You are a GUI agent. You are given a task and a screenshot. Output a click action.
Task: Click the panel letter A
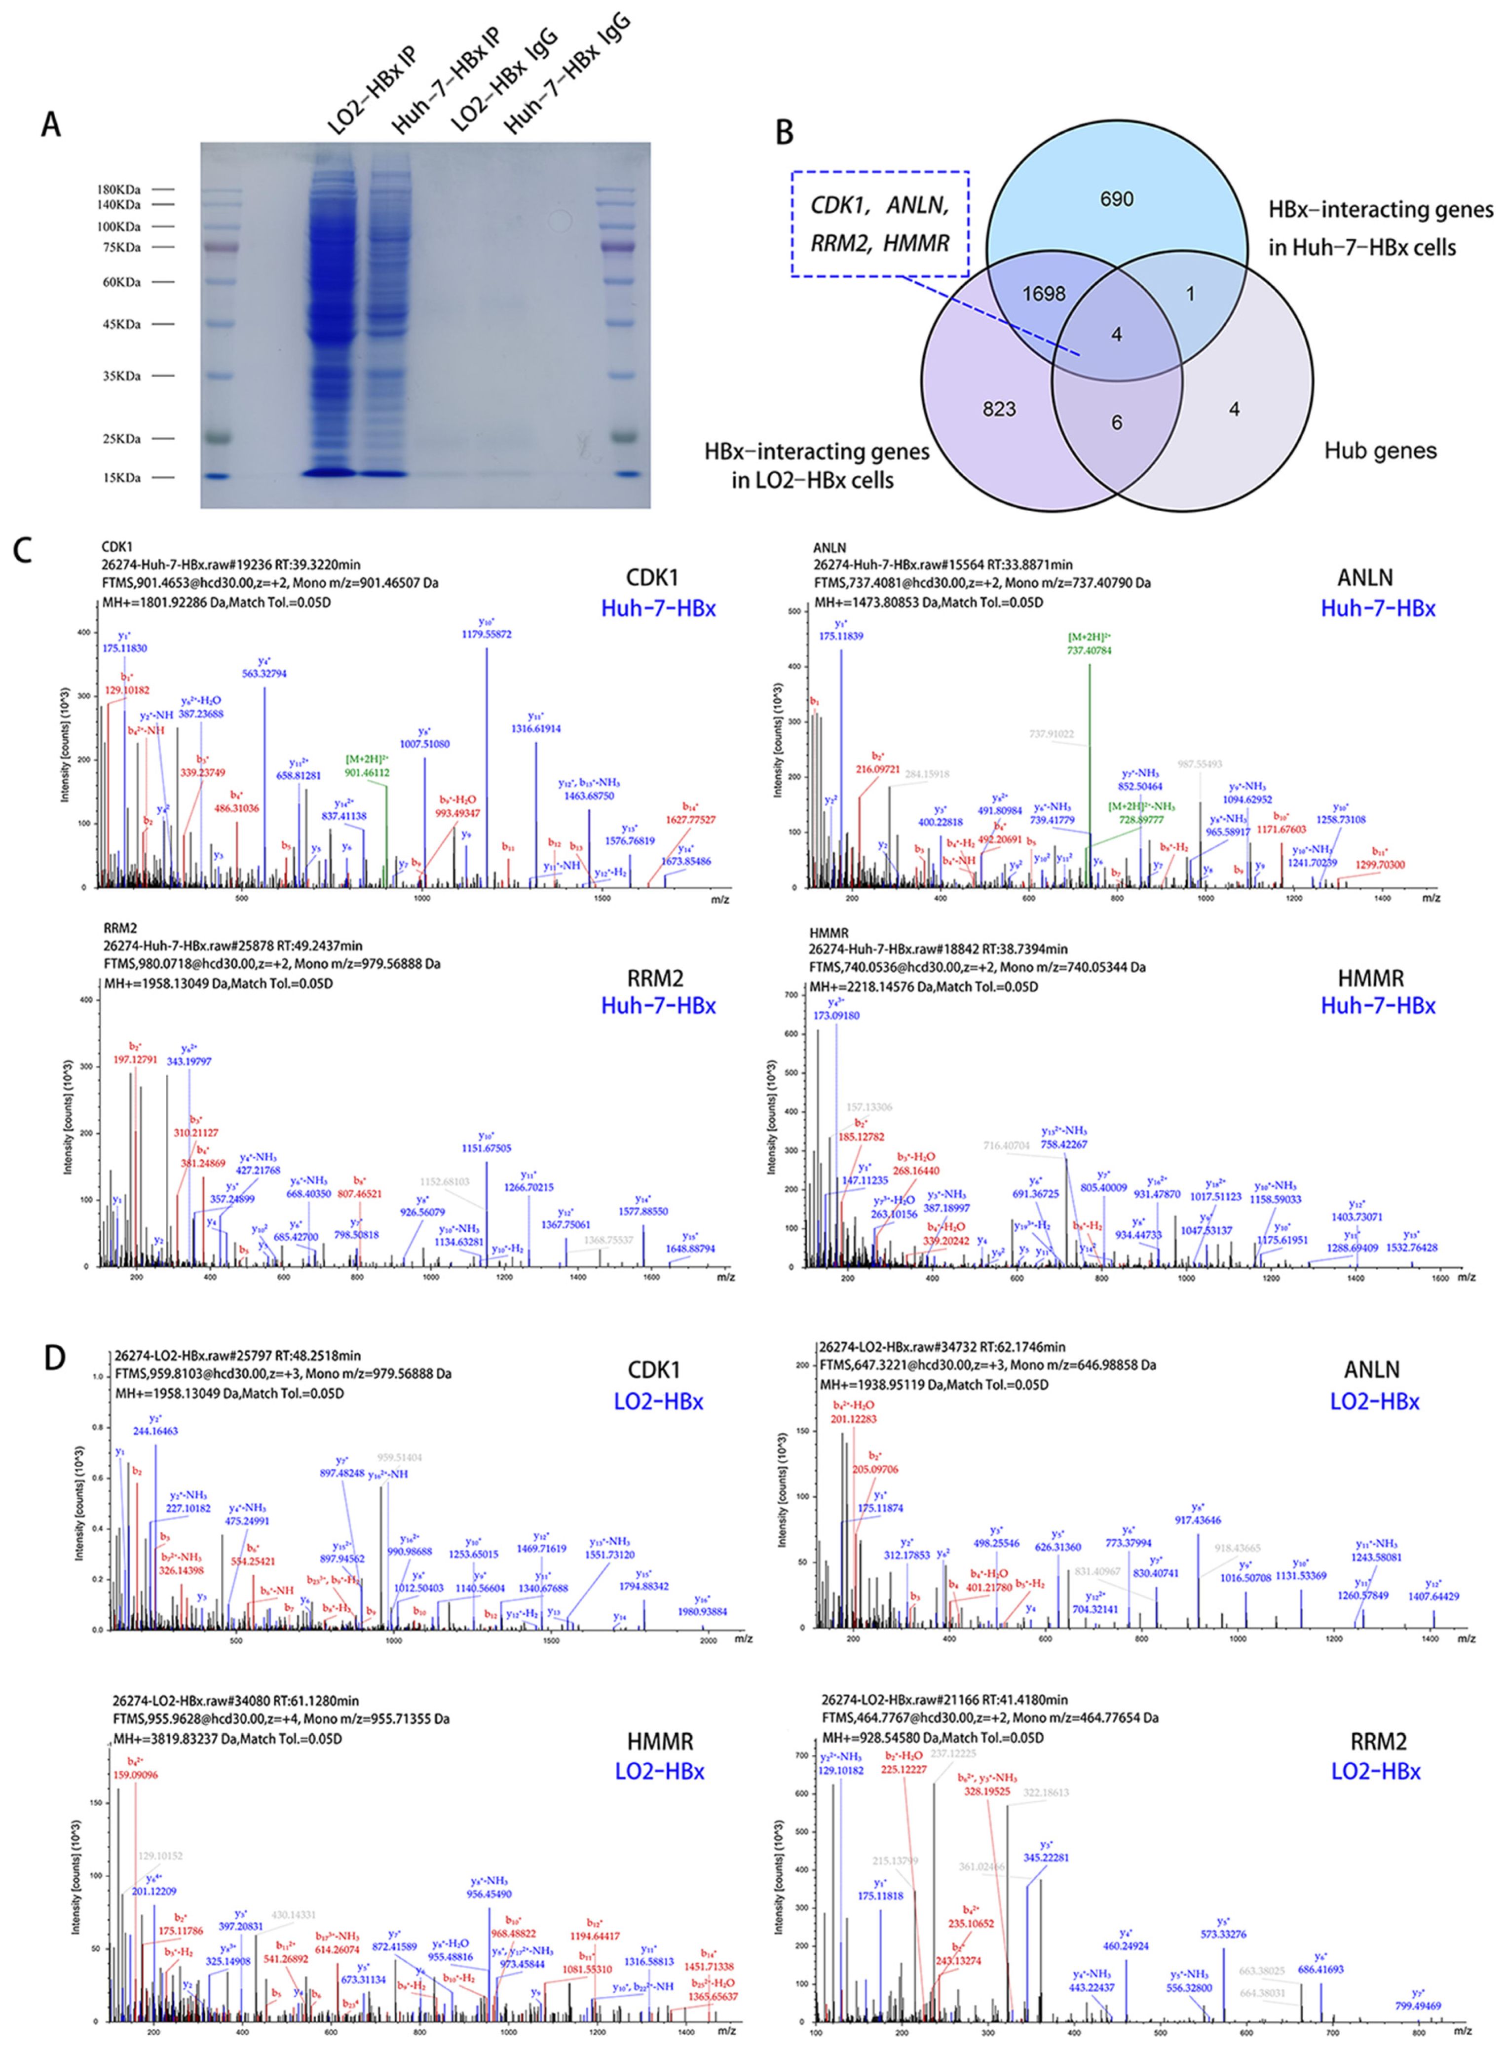(51, 123)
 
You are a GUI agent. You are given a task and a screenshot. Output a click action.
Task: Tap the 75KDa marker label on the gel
(119, 247)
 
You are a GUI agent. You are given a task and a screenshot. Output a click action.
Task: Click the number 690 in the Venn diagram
(1116, 199)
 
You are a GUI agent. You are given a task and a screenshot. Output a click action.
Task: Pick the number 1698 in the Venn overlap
(1043, 294)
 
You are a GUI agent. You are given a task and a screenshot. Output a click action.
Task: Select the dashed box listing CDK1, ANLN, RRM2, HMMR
(880, 224)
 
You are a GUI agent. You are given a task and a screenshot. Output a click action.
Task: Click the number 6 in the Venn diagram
(1116, 422)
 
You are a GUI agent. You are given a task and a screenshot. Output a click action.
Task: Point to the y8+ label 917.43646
(1199, 1520)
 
